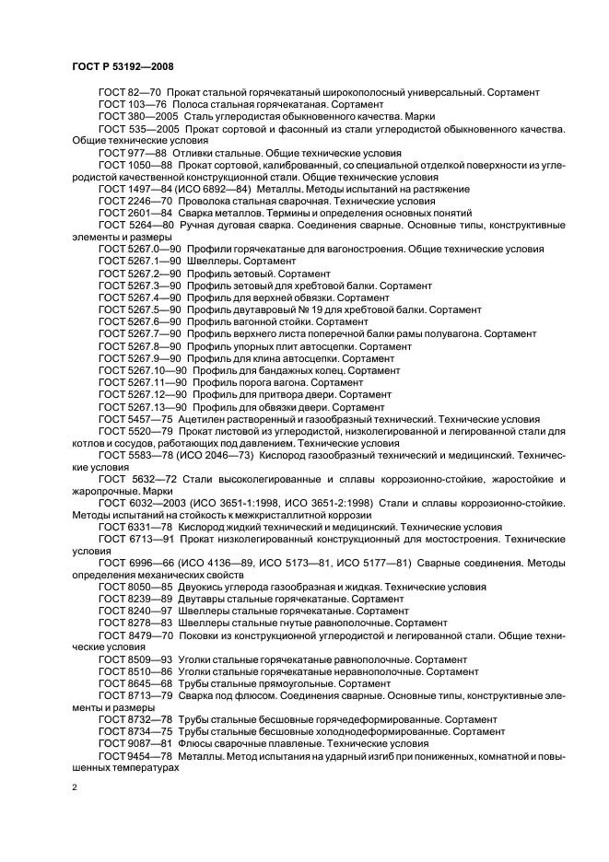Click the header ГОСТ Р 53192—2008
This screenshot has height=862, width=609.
click(123, 66)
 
